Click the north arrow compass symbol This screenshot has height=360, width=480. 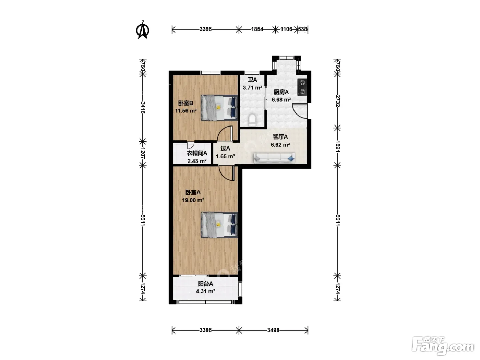pyautogui.click(x=143, y=30)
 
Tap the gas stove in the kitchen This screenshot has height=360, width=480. pyautogui.click(x=302, y=87)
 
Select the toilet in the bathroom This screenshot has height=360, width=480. pyautogui.click(x=252, y=120)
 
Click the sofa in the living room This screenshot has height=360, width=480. pyautogui.click(x=274, y=158)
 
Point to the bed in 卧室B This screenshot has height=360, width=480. pyautogui.click(x=219, y=108)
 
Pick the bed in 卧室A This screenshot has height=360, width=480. pyautogui.click(x=219, y=225)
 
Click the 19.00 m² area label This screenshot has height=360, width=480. pyautogui.click(x=193, y=200)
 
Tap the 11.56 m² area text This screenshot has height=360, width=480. pyautogui.click(x=186, y=111)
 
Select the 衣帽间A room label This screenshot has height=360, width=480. pyautogui.click(x=197, y=153)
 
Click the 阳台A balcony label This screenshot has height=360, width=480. pyautogui.click(x=205, y=284)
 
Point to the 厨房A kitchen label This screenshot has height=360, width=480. pyautogui.click(x=281, y=92)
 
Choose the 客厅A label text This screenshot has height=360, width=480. pyautogui.click(x=280, y=137)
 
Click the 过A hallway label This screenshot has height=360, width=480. pyautogui.click(x=225, y=148)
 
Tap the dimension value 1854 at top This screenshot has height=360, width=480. pyautogui.click(x=257, y=29)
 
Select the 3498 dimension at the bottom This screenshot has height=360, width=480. pyautogui.click(x=273, y=330)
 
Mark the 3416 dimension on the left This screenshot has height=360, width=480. pyautogui.click(x=143, y=108)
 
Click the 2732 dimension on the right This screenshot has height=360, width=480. pyautogui.click(x=338, y=101)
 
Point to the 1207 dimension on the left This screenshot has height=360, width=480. pyautogui.click(x=143, y=153)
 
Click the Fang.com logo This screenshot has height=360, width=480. pyautogui.click(x=443, y=346)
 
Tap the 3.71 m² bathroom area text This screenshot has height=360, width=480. pyautogui.click(x=252, y=88)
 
